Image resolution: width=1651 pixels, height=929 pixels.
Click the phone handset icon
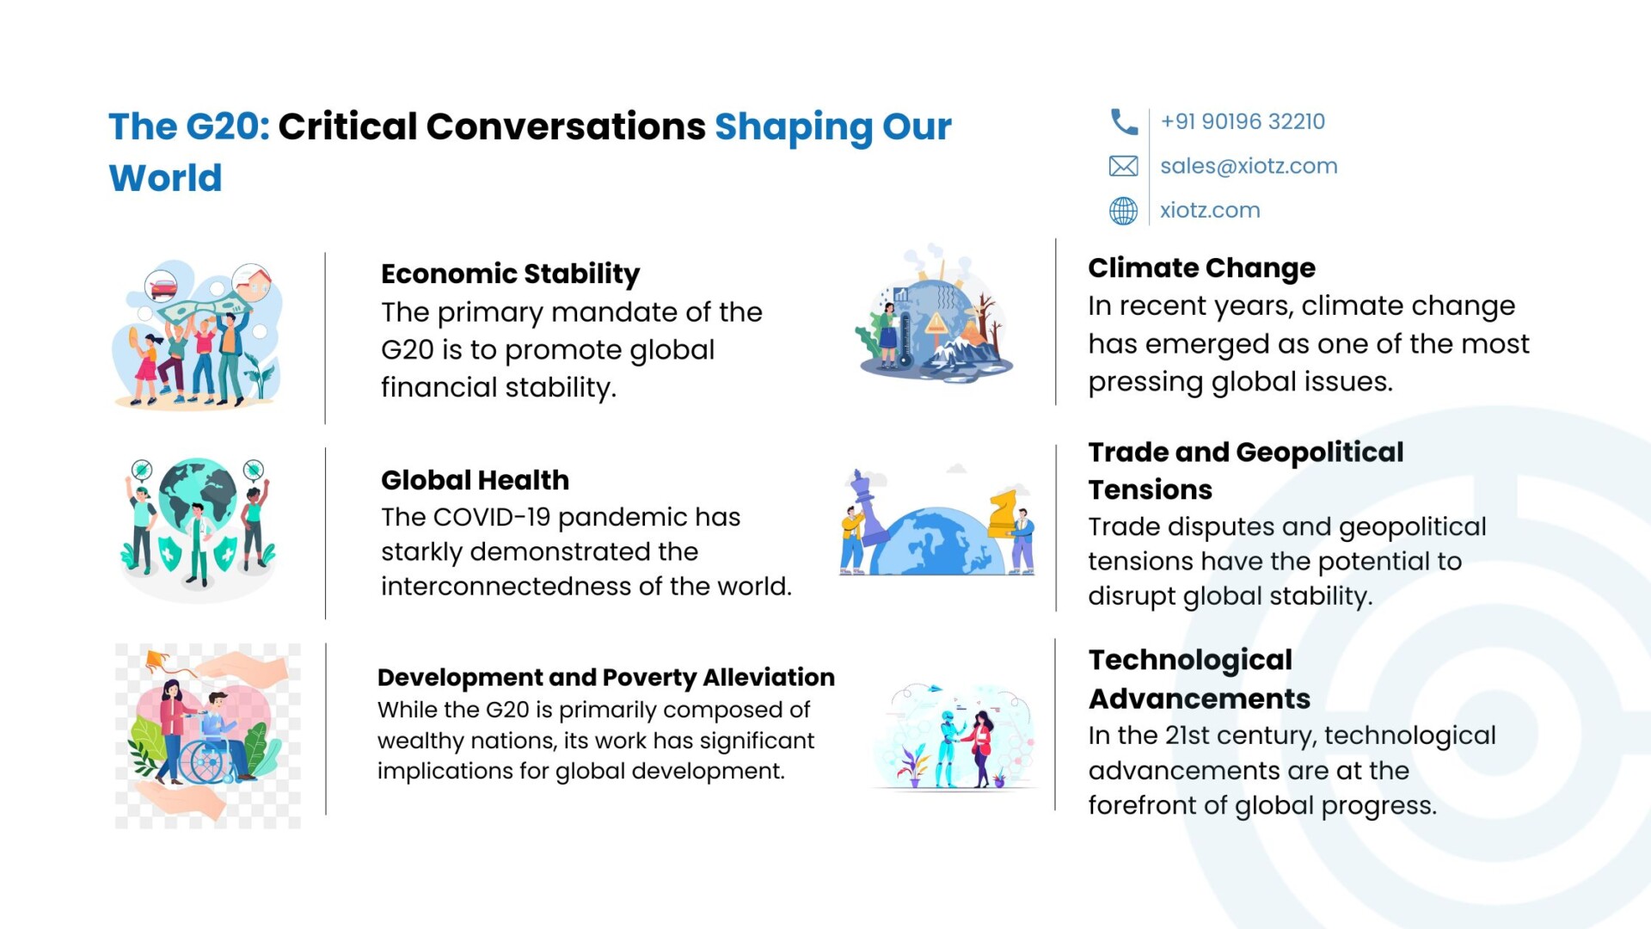pos(1123,122)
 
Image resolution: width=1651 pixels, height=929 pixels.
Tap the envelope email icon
pos(1123,166)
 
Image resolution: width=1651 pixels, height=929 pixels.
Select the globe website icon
pos(1123,211)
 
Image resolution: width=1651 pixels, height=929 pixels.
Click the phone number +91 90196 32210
pos(1243,121)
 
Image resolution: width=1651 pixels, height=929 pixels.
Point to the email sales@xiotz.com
pos(1249,166)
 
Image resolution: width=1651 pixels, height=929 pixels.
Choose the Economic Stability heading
pos(511,274)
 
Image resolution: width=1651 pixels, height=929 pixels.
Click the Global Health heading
pos(476,479)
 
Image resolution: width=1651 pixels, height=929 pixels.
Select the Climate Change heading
pos(1201,268)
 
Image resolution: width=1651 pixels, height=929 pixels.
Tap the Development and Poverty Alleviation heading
pos(606,678)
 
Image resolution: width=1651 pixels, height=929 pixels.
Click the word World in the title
pos(165,178)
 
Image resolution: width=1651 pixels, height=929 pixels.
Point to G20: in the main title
pos(228,126)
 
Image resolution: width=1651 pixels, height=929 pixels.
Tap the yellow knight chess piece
pos(1002,514)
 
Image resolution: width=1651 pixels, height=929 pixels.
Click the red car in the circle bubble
pos(162,286)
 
